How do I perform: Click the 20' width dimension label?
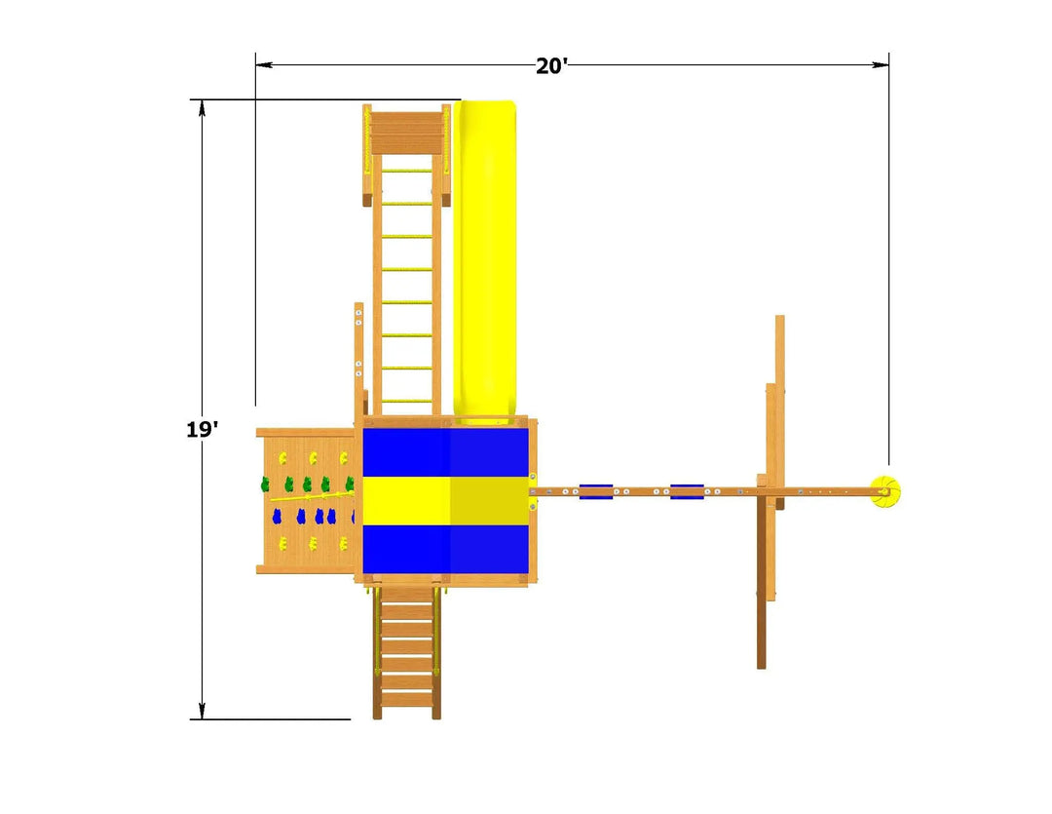pos(551,66)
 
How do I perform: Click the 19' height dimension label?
pos(202,429)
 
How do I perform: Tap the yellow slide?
pos(484,261)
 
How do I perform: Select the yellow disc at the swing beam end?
pos(884,492)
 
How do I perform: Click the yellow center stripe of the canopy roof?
pos(445,500)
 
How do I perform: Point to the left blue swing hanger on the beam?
pos(596,491)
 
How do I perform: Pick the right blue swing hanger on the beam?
pos(687,491)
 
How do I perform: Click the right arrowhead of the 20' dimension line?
pos(881,65)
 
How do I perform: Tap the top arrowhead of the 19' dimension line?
pos(202,108)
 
